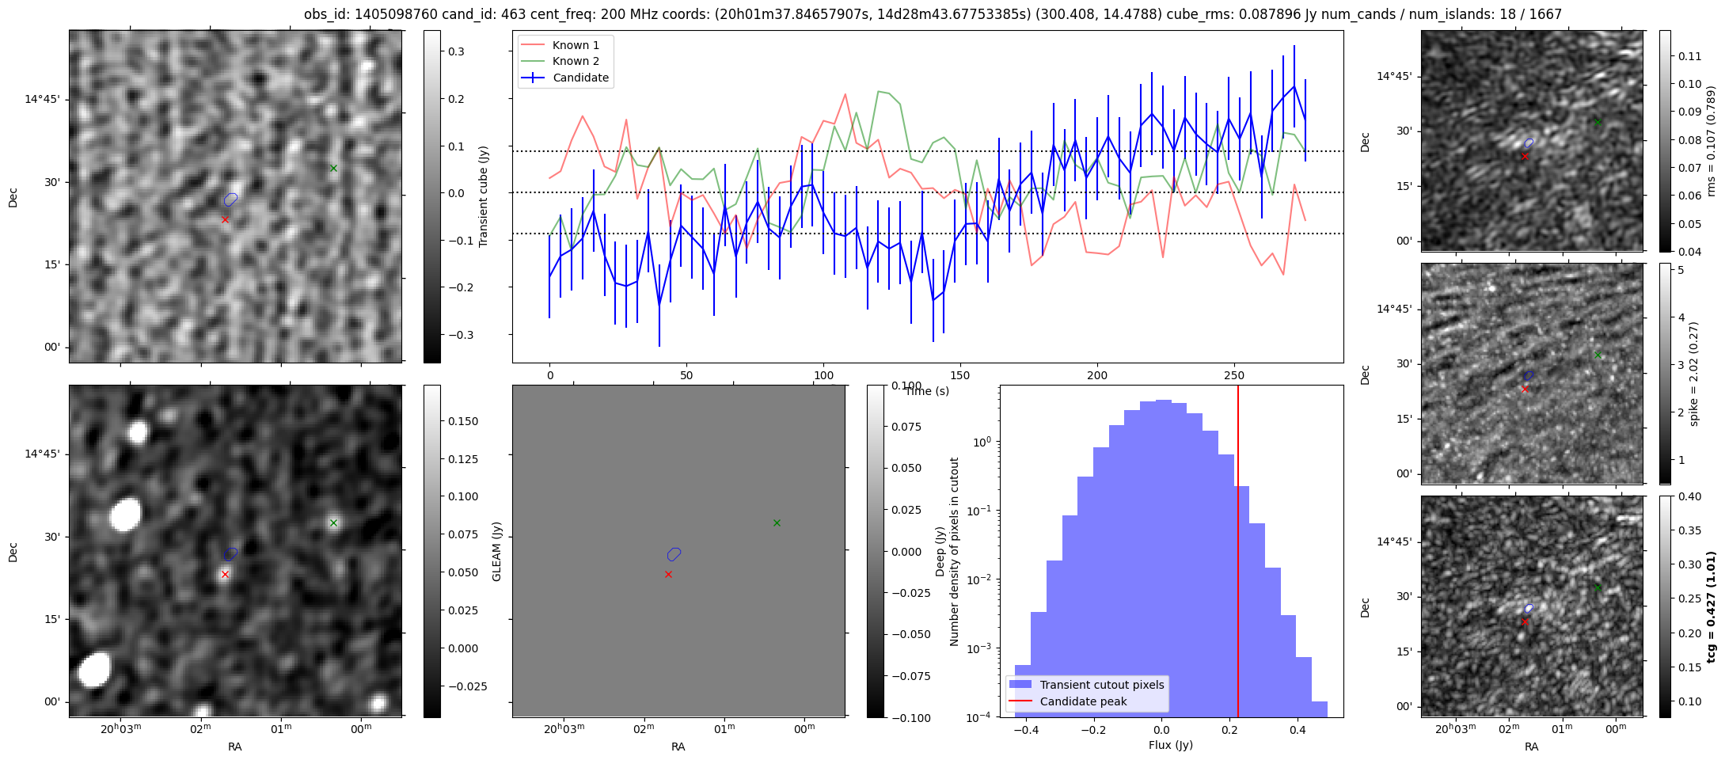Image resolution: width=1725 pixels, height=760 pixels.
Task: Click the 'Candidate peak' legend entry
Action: [x=1083, y=701]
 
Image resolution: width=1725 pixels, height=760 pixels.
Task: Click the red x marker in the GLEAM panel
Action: [x=668, y=574]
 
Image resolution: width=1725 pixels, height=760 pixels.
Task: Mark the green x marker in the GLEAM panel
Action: [x=777, y=522]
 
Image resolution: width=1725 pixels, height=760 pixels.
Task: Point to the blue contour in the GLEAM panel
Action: [x=674, y=554]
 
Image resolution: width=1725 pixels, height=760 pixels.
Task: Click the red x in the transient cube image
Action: [x=225, y=219]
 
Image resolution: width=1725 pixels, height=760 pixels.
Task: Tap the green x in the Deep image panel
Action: [x=333, y=522]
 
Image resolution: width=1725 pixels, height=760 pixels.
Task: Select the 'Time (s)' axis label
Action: [x=927, y=391]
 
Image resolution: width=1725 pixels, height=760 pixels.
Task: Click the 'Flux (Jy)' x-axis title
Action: [x=1171, y=745]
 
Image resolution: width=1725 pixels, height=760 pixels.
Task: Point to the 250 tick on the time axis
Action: [x=1234, y=375]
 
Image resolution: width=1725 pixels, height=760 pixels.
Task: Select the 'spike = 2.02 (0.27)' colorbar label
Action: [x=1694, y=374]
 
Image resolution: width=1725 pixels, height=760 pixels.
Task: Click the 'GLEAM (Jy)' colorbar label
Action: [x=497, y=551]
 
